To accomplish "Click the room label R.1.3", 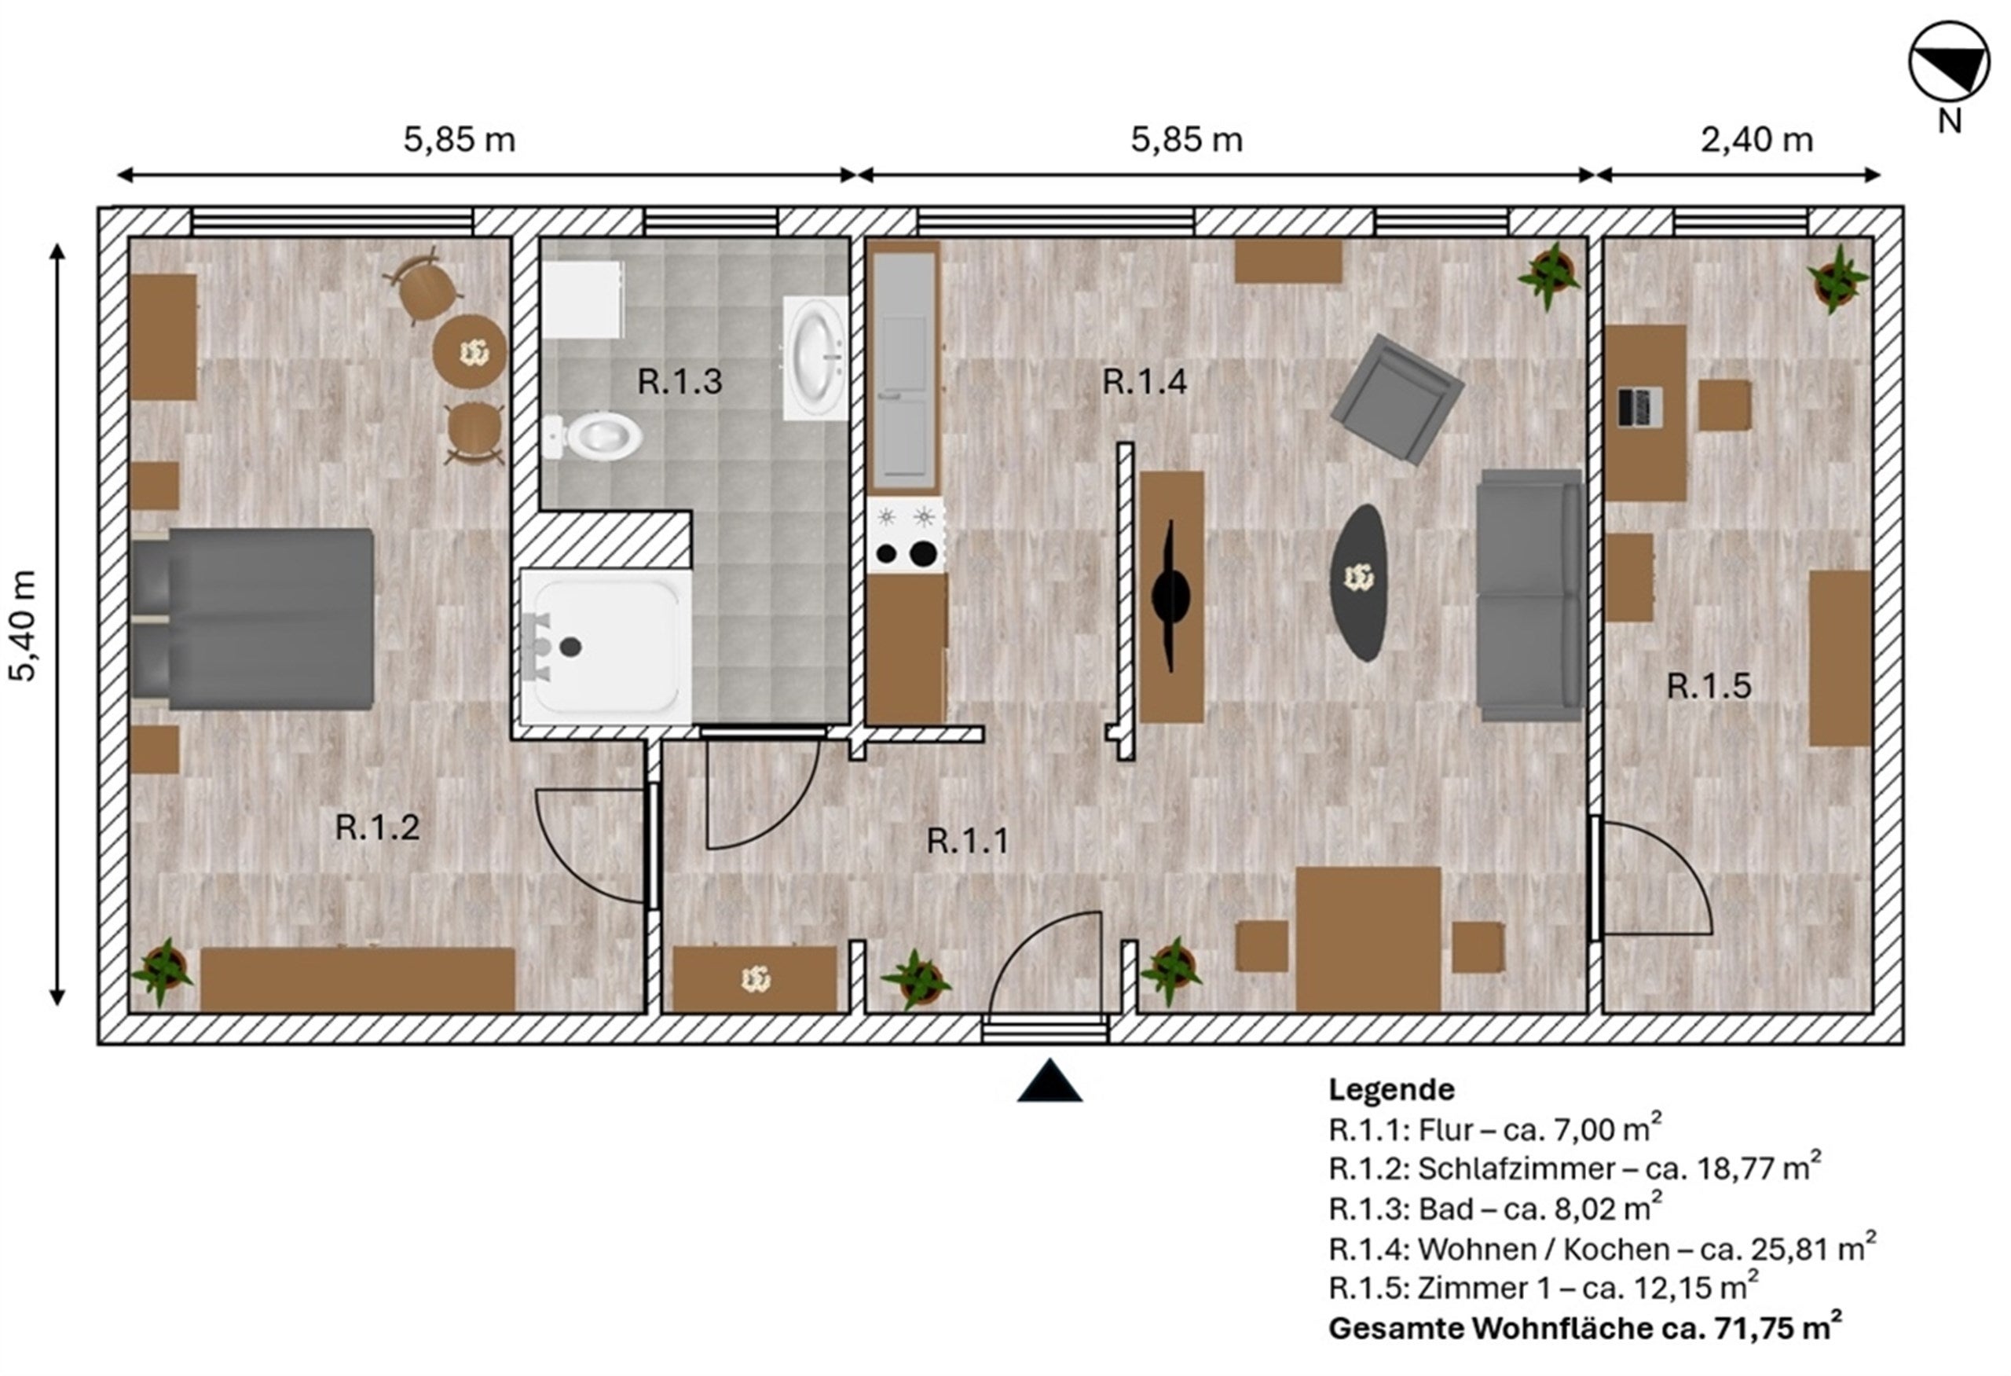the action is (x=679, y=382).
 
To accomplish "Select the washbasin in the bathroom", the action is (x=816, y=358).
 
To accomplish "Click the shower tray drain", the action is (x=570, y=646).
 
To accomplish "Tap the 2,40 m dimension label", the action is (x=1756, y=139).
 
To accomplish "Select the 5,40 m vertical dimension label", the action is (x=24, y=626).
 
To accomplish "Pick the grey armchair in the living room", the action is (x=1397, y=399).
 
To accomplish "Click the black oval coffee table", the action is (x=1358, y=582).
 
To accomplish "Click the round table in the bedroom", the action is (x=470, y=351).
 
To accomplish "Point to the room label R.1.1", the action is (x=968, y=841).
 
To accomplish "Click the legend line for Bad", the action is (x=1495, y=1207).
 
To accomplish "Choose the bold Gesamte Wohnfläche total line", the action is (x=1585, y=1326).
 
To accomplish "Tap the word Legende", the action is (x=1391, y=1088).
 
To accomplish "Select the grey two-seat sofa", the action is (x=1530, y=596).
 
